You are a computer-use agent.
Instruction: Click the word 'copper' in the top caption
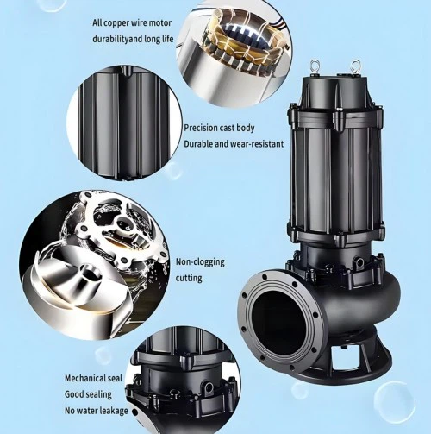click(116, 23)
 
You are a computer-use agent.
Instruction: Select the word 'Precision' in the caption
click(200, 128)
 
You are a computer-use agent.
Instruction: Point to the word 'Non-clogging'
click(200, 262)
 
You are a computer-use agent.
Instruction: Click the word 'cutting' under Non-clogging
click(189, 278)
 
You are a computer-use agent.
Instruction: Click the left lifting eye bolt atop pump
click(315, 66)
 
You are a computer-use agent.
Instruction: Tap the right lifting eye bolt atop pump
click(355, 66)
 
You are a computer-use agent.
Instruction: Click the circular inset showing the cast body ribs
click(124, 123)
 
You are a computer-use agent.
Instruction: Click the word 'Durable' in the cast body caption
click(197, 143)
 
